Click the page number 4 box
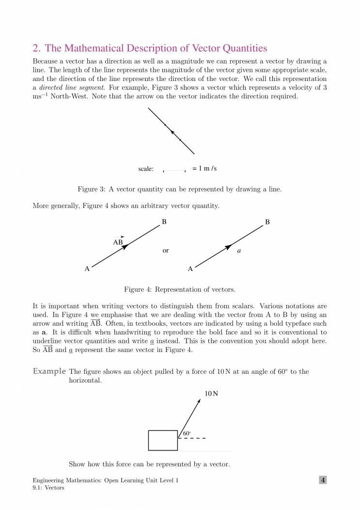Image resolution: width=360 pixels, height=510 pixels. click(323, 480)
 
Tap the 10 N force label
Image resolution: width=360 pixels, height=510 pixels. click(211, 394)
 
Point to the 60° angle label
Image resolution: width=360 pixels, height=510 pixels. click(187, 433)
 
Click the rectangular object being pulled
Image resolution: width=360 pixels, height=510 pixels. click(163, 440)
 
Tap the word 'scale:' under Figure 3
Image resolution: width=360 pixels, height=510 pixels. click(146, 169)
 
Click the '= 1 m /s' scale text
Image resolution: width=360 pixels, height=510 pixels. click(204, 169)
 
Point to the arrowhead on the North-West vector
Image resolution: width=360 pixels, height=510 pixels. click(172, 132)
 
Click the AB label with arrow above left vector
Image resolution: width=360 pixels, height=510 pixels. click(118, 241)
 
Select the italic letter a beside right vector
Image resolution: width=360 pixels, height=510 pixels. click(239, 252)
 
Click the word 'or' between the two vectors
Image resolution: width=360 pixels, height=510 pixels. click(166, 251)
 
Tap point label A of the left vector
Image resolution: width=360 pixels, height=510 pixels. click(87, 269)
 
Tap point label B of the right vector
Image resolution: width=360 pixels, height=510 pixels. click(267, 222)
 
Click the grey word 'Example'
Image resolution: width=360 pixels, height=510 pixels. click(49, 371)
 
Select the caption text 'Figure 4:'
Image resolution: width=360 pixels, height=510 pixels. click(138, 289)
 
